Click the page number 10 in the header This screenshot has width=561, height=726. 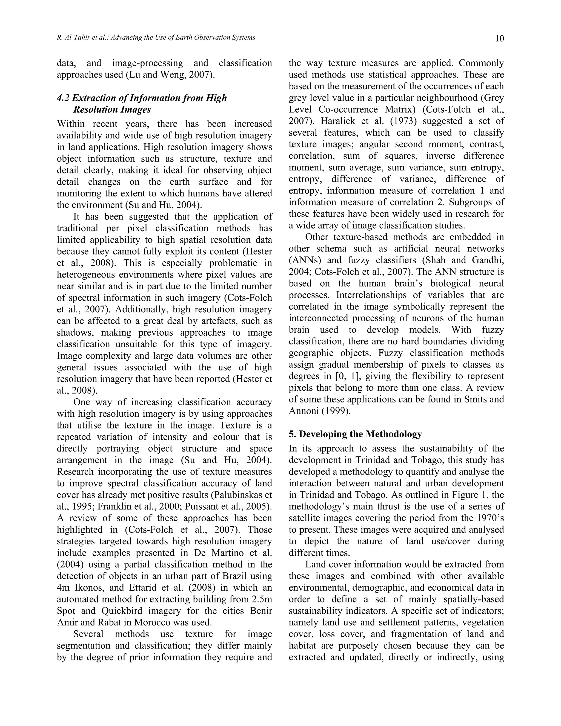pyautogui.click(x=499, y=39)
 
